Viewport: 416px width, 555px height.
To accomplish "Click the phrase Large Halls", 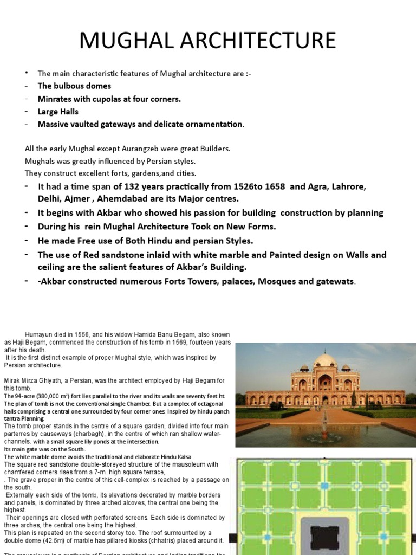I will pyautogui.click(x=58, y=112).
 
